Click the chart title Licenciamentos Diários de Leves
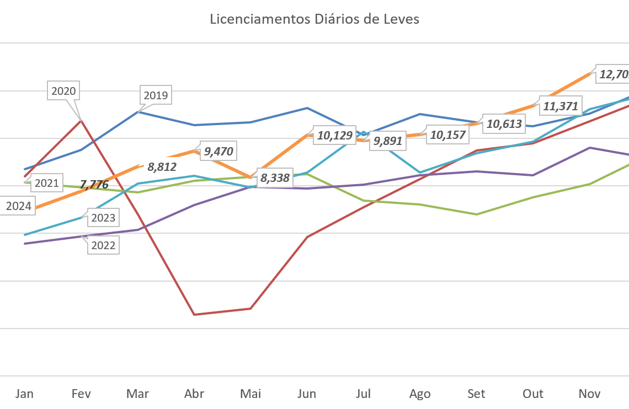pyautogui.click(x=314, y=19)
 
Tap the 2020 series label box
pyautogui.click(x=63, y=91)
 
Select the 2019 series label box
pyautogui.click(x=156, y=95)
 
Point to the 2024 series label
pyautogui.click(x=18, y=207)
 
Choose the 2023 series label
pyautogui.click(x=103, y=218)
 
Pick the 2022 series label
pyautogui.click(x=103, y=245)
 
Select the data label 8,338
pyautogui.click(x=275, y=178)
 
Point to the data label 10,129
pyautogui.click(x=332, y=135)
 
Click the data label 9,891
pyautogui.click(x=388, y=141)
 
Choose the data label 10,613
pyautogui.click(x=503, y=124)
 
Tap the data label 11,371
pyautogui.click(x=560, y=106)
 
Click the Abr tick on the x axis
pyautogui.click(x=194, y=394)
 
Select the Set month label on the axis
pyautogui.click(x=476, y=394)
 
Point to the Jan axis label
pyautogui.click(x=24, y=394)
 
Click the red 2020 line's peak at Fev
pyautogui.click(x=81, y=120)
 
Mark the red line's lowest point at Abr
pyautogui.click(x=194, y=314)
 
